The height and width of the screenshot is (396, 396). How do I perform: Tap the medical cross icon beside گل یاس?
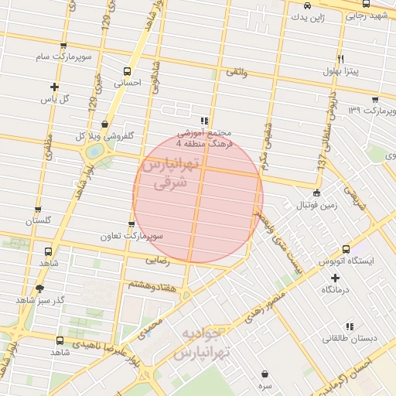tap(53, 87)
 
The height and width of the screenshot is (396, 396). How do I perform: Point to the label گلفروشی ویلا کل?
tap(104, 135)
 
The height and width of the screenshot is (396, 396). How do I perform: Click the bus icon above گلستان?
tap(36, 209)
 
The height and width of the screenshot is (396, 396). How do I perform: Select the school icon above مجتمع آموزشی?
tap(203, 121)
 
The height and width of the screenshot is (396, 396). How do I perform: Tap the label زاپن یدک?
tap(315, 16)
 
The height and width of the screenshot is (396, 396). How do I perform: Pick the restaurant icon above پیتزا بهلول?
tap(340, 60)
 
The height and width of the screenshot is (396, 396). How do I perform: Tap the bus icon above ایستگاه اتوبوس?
tap(346, 250)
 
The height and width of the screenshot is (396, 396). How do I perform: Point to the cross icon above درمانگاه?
tap(334, 277)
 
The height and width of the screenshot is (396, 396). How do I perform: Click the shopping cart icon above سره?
tap(265, 372)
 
